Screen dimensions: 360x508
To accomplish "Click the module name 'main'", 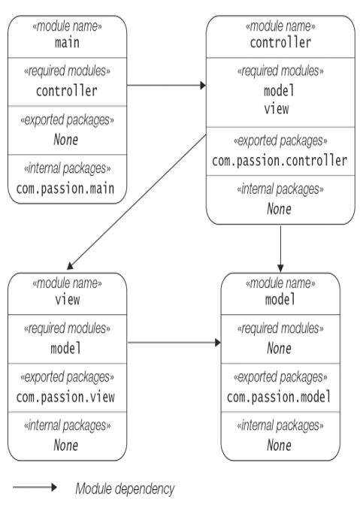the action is [x=67, y=43].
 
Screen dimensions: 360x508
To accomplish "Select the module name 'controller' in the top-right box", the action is [x=280, y=42].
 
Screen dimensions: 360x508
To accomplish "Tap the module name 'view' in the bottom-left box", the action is [x=68, y=300].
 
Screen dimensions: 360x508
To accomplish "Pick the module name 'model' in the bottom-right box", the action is [x=280, y=299].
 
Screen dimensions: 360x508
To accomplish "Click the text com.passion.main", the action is [x=65, y=189].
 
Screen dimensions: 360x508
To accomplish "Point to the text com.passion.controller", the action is [x=280, y=161].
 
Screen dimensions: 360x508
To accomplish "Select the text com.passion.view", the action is [x=65, y=398].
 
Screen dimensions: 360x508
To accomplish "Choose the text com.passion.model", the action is [x=279, y=397].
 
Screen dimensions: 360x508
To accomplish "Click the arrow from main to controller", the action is [x=167, y=86].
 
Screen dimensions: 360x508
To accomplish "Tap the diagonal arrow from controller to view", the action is [x=137, y=202].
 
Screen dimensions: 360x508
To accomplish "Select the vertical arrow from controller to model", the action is [x=280, y=249].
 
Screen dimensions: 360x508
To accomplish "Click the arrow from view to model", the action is [x=174, y=343].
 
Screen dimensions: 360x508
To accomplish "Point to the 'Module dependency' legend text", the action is [x=125, y=488].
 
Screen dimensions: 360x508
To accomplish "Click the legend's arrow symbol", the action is [x=35, y=487].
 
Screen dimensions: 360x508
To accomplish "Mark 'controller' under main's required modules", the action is [x=66, y=91].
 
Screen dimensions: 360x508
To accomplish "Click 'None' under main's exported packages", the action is [x=66, y=140].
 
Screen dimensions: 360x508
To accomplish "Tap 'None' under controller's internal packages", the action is [x=279, y=209].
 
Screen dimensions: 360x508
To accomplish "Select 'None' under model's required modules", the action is [x=279, y=349].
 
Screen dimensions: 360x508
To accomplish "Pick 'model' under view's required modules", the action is [x=66, y=349].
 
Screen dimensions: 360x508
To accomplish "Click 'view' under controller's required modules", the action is [x=277, y=109].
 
